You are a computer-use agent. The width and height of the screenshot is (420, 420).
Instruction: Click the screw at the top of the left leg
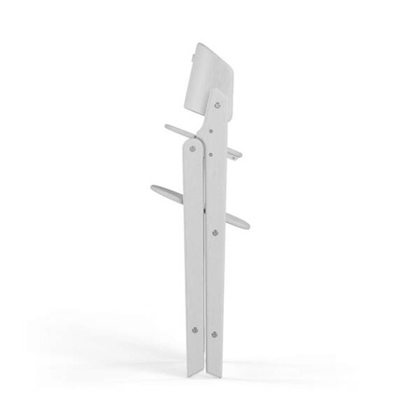[x=193, y=147]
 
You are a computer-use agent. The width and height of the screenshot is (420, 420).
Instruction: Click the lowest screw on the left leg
[x=195, y=328]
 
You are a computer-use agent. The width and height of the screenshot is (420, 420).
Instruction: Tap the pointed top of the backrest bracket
[x=218, y=90]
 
